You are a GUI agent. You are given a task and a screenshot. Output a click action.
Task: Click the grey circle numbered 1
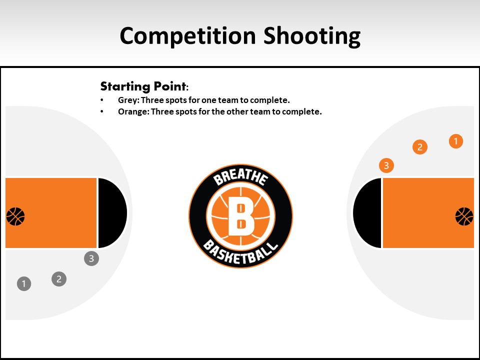(24, 284)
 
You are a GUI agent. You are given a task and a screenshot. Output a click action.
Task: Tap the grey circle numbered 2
(59, 279)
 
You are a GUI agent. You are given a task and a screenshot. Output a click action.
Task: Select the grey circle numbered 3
(91, 258)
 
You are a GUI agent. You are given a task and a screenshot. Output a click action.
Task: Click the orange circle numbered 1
(456, 141)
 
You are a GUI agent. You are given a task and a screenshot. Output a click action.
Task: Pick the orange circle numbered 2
(420, 147)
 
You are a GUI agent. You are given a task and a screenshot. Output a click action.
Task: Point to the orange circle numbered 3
(386, 165)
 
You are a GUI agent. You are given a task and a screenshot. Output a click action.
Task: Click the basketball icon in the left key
(15, 216)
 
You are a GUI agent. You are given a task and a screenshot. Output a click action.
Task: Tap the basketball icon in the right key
(464, 216)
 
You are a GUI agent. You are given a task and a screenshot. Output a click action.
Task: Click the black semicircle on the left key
(111, 213)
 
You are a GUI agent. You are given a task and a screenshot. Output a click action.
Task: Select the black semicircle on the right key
(367, 213)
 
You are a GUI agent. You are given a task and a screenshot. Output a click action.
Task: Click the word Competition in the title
(187, 36)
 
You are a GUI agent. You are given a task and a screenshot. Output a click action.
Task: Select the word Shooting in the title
(312, 36)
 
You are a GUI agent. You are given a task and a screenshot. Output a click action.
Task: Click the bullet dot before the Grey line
(102, 100)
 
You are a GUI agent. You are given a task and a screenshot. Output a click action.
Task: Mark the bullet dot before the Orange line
(102, 111)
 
